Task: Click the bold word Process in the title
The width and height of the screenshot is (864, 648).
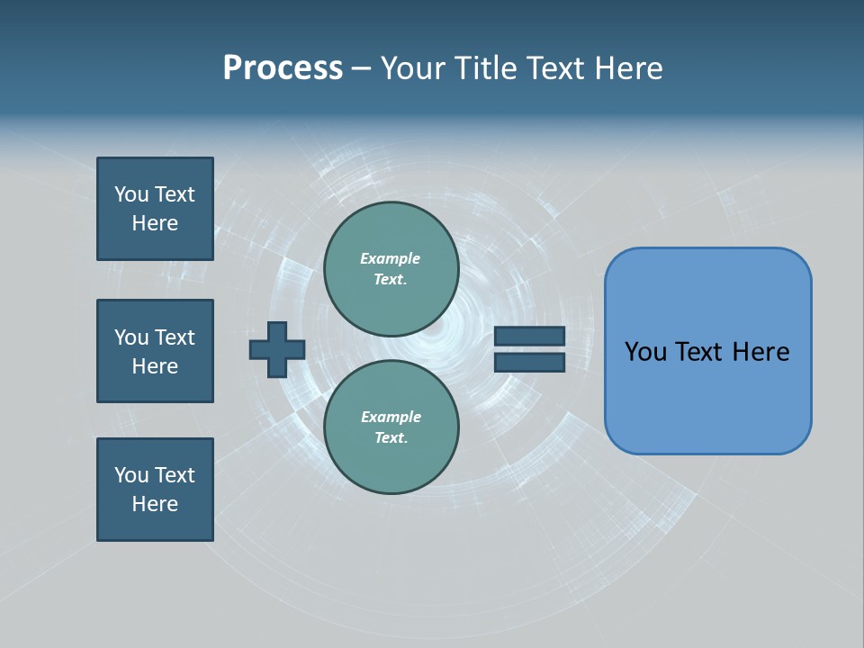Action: tap(283, 68)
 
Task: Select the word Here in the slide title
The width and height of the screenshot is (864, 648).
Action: tap(627, 68)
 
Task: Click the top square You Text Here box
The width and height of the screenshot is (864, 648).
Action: tap(155, 209)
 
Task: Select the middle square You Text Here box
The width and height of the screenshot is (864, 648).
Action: tap(155, 351)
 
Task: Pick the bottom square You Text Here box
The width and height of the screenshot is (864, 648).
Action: tap(155, 490)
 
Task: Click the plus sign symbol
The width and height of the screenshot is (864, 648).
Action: tap(277, 349)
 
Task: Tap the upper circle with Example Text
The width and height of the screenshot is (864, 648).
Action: tap(391, 269)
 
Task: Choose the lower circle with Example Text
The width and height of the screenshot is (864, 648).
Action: tap(391, 427)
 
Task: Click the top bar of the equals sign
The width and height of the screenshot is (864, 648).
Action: tap(529, 337)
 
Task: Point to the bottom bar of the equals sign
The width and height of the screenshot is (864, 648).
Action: tap(529, 363)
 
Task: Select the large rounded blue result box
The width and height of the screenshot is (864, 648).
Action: tap(707, 351)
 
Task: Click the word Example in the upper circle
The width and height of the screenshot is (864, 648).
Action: tap(391, 258)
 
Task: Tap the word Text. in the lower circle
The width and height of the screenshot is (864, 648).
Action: tap(391, 437)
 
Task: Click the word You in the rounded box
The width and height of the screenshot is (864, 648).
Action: tap(646, 352)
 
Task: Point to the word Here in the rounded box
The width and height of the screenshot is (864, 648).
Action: tap(760, 352)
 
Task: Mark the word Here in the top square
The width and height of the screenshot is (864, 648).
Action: tap(155, 223)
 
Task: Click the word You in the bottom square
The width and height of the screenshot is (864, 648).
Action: tap(131, 475)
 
